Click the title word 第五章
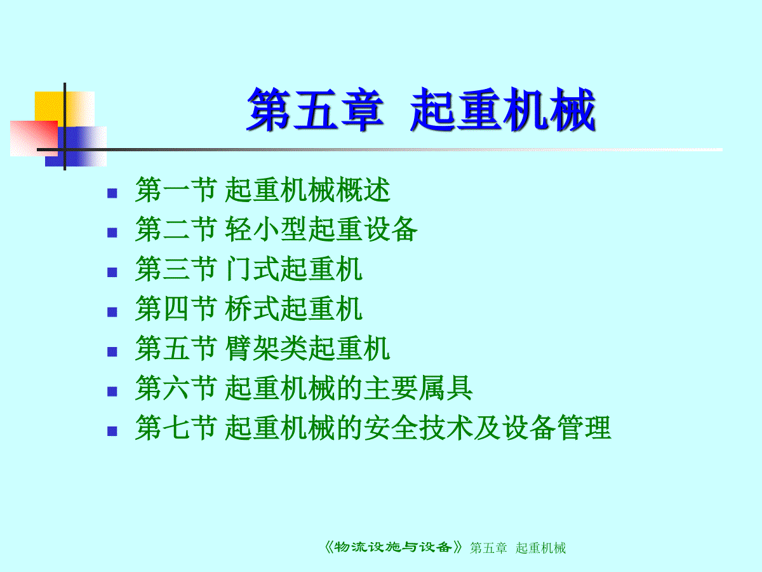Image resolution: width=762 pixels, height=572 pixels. (x=315, y=109)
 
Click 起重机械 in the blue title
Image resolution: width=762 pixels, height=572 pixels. (x=503, y=109)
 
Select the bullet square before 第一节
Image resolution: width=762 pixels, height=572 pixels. (x=112, y=193)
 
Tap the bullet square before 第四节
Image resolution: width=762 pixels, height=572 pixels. (x=112, y=312)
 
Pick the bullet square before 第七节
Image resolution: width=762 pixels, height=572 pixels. (x=112, y=432)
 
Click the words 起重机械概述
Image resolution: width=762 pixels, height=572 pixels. (x=307, y=189)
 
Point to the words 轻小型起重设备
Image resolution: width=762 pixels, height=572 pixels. (x=321, y=229)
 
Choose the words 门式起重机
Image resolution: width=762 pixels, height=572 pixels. (x=294, y=268)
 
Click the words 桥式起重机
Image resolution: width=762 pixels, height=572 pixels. (x=294, y=308)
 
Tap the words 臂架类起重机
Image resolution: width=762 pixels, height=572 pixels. (x=307, y=348)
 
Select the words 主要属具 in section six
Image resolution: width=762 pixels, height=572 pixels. (x=418, y=388)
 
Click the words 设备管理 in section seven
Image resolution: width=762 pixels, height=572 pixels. (x=556, y=427)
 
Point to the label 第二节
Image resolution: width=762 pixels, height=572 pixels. (x=177, y=229)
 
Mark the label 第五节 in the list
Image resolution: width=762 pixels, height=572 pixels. (x=177, y=348)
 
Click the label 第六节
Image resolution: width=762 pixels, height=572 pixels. (x=177, y=388)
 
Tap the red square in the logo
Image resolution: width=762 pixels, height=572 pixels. (x=34, y=138)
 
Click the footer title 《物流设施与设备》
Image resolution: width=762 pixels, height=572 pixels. (x=392, y=547)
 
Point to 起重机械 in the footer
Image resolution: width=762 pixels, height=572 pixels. (x=540, y=548)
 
